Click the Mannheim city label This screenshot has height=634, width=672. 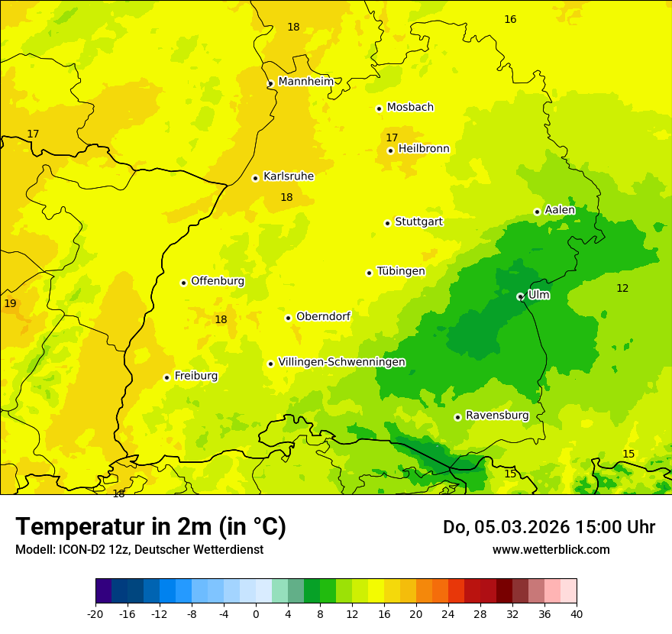click(305, 82)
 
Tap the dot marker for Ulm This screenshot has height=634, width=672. click(520, 296)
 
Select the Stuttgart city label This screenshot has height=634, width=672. click(418, 222)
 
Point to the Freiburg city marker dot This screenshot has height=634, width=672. click(166, 377)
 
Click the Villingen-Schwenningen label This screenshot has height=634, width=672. click(341, 362)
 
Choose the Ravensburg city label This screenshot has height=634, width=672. click(497, 416)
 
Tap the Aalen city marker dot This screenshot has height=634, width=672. click(537, 212)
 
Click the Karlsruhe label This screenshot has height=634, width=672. click(288, 176)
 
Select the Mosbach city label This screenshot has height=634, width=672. click(410, 108)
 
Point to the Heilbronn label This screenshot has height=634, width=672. click(424, 149)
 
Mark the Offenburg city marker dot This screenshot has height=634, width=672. click(183, 283)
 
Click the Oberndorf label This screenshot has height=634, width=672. click(323, 316)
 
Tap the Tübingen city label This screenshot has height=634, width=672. click(401, 271)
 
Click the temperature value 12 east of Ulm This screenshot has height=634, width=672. click(622, 288)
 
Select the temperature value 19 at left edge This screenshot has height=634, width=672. click(10, 303)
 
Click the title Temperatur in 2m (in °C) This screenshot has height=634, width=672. click(150, 527)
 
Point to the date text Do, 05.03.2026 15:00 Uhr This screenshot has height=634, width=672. click(548, 527)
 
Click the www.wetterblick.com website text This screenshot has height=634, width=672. click(551, 550)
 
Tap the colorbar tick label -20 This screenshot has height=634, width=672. click(95, 613)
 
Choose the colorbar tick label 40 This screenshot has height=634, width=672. click(577, 613)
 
